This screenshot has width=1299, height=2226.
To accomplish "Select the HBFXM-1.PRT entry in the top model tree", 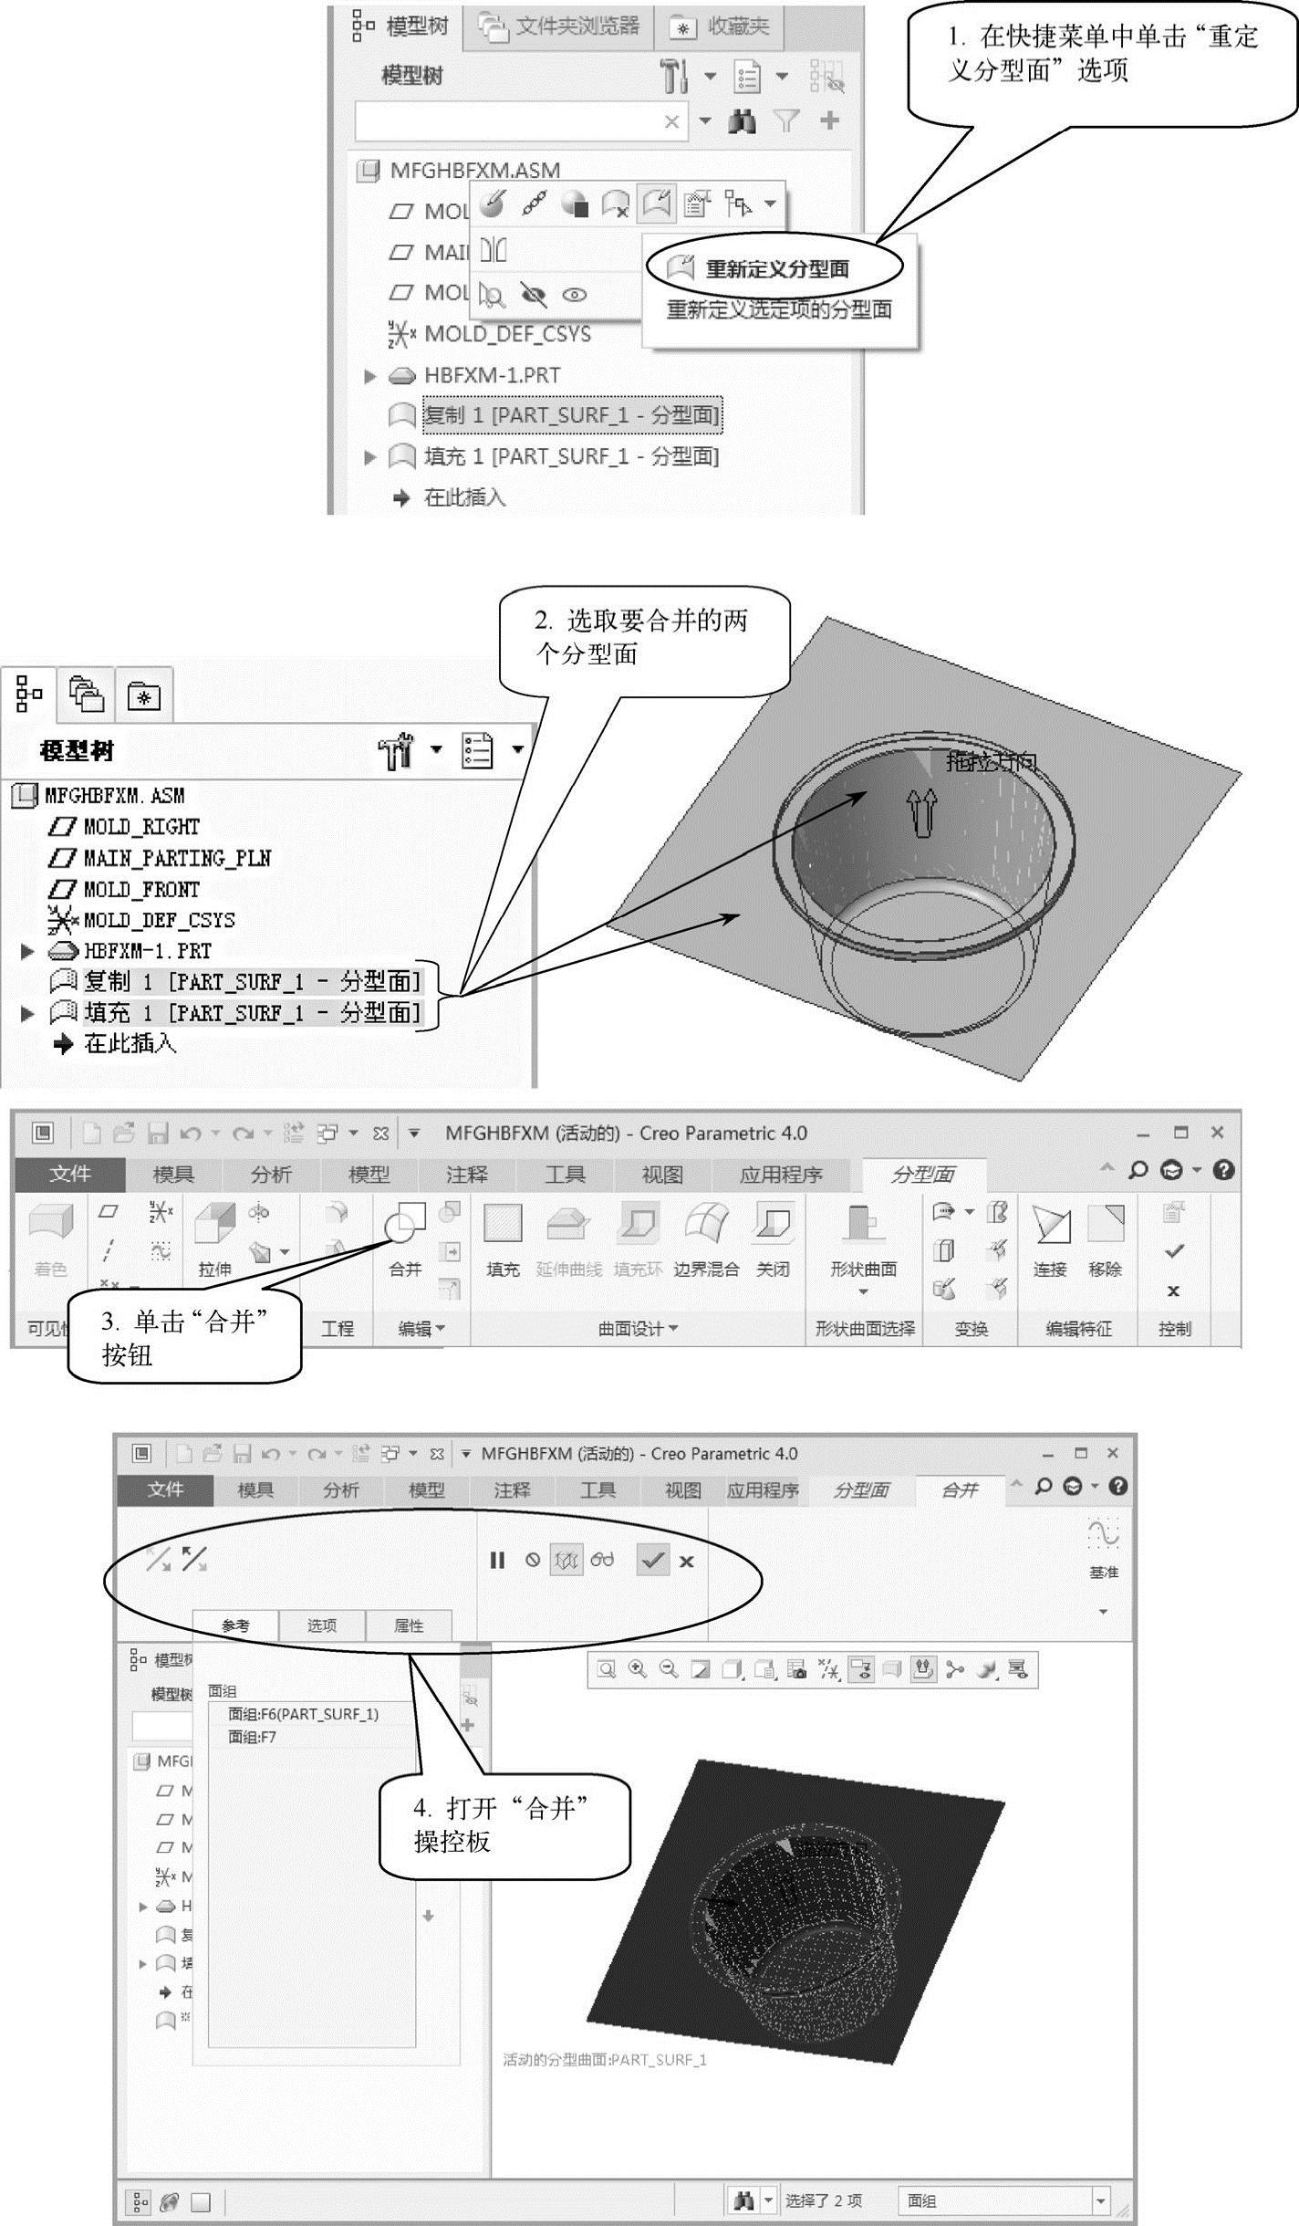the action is (x=492, y=375).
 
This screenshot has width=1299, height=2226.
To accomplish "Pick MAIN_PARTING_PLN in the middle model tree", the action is (x=176, y=858).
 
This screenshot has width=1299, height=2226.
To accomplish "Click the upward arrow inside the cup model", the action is (x=924, y=811).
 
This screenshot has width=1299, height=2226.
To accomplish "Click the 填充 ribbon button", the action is (x=503, y=1237).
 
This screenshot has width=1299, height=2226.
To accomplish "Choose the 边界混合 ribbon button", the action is (x=706, y=1237).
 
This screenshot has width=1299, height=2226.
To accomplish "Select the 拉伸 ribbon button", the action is (x=215, y=1237).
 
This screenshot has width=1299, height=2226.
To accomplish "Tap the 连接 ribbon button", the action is (x=1050, y=1237).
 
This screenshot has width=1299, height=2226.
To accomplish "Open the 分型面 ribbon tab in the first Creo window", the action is (x=922, y=1175).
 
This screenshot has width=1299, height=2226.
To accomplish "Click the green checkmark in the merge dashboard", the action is (x=652, y=1560).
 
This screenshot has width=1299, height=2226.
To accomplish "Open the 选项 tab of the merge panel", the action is (x=321, y=1625).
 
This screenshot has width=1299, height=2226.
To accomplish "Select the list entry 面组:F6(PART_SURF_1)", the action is (x=303, y=1714).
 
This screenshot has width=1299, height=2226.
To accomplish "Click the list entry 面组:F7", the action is (x=252, y=1737).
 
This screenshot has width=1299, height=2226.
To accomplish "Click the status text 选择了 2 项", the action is (x=823, y=2200).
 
